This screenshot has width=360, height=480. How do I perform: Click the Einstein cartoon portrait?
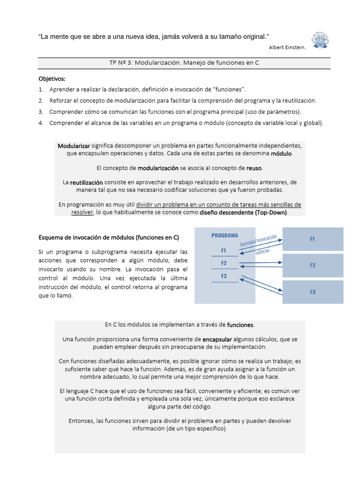tap(320, 40)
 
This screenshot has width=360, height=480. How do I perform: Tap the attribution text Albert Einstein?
tap(287, 47)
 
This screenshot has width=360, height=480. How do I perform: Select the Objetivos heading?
tap(52, 78)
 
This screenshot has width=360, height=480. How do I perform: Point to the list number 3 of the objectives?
tap(41, 112)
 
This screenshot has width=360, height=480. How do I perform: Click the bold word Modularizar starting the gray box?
tap(74, 146)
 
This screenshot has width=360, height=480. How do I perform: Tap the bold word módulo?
tap(281, 153)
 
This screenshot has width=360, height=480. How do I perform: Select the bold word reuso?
tap(254, 167)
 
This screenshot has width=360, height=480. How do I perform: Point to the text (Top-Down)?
tap(271, 212)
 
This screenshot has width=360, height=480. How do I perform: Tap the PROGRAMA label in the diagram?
tap(225, 235)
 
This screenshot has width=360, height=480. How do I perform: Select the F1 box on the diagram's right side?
tap(313, 239)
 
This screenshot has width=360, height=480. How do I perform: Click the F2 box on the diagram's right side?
tap(313, 265)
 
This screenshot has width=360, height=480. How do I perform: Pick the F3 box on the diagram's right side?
tap(313, 292)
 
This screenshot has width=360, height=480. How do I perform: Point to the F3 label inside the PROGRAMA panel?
tap(224, 276)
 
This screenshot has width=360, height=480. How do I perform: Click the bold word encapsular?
tap(217, 339)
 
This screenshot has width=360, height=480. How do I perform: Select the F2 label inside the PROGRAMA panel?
tap(224, 263)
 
